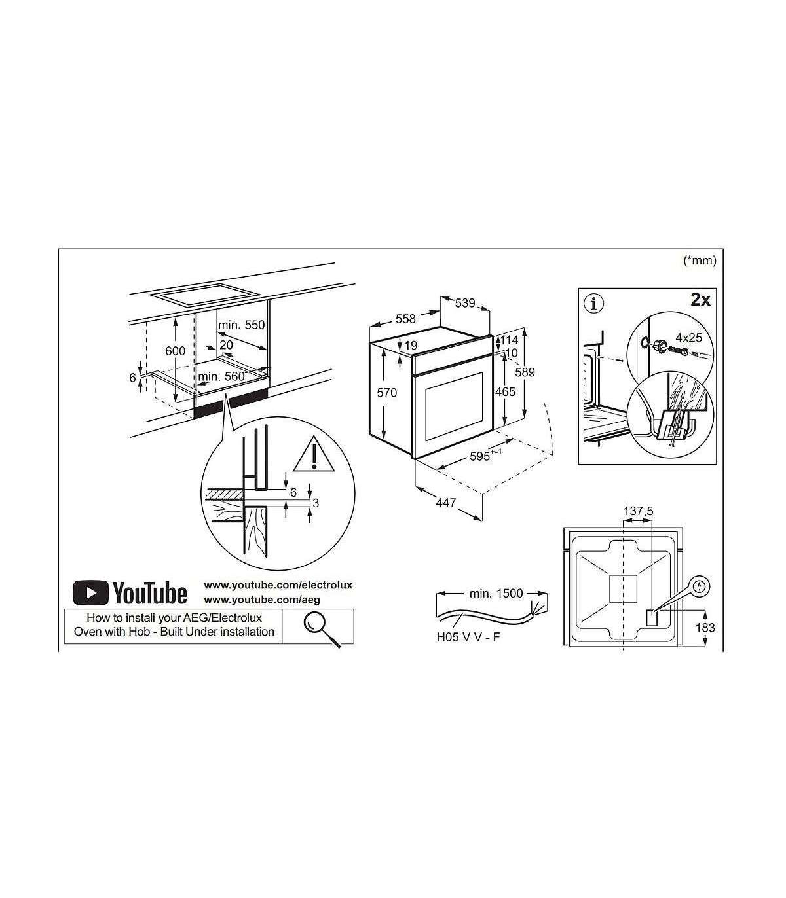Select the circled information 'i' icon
595,304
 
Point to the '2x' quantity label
700,300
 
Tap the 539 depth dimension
465,303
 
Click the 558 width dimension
405,319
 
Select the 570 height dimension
387,392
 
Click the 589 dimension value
525,372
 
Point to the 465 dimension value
505,391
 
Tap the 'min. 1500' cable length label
496,594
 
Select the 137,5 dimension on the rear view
639,511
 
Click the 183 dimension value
705,628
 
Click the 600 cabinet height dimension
175,351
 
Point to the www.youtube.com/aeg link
262,600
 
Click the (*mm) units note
700,260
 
